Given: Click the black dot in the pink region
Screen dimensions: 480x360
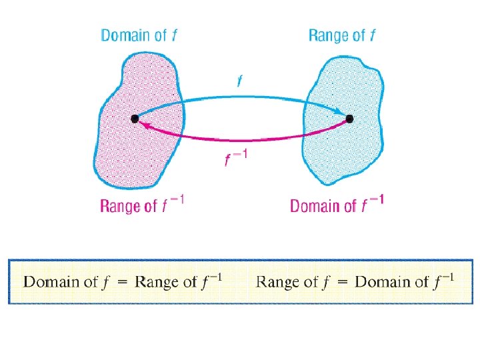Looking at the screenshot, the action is (x=135, y=119).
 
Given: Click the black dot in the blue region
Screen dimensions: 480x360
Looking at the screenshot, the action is (x=349, y=119).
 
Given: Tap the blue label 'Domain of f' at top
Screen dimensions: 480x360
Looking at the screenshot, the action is (x=139, y=35).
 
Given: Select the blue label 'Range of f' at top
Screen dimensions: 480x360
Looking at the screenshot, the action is (x=342, y=35).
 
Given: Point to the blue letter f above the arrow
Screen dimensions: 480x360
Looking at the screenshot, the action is (x=239, y=81).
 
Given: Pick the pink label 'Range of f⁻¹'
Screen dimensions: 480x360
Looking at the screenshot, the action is (x=141, y=205).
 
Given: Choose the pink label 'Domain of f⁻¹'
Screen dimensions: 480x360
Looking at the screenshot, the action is (x=337, y=205).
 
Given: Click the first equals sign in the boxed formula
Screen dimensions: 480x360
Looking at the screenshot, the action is (x=122, y=282).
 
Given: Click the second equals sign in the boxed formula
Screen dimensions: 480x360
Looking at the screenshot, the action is (x=342, y=282).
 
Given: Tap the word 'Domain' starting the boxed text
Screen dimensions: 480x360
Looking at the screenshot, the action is (x=51, y=281).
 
